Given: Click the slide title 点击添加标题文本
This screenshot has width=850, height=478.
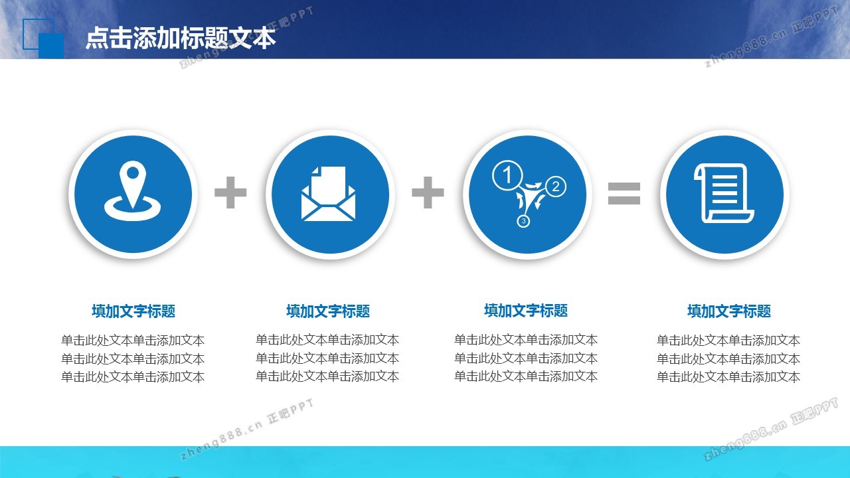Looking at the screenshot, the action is pyautogui.click(x=181, y=38).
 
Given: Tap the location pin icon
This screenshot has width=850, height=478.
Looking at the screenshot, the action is pyautogui.click(x=132, y=191).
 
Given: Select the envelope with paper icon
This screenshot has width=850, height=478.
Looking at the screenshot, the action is pyautogui.click(x=328, y=193).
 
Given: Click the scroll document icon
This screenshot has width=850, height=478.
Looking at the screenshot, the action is pyautogui.click(x=724, y=193).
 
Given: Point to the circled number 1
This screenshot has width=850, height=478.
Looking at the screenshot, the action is pyautogui.click(x=507, y=175).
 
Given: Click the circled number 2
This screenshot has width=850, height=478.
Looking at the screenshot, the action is pyautogui.click(x=556, y=187).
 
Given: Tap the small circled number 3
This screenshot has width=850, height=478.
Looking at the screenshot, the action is pyautogui.click(x=523, y=221).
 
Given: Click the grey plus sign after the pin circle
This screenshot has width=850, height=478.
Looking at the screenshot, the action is pyautogui.click(x=230, y=193).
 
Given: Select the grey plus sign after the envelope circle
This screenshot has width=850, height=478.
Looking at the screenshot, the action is pyautogui.click(x=428, y=193).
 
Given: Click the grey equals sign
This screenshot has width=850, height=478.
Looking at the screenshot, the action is pyautogui.click(x=624, y=193).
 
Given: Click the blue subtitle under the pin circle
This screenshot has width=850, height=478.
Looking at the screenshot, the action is pyautogui.click(x=133, y=311).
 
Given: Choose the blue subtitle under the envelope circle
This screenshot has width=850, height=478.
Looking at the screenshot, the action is pyautogui.click(x=328, y=311).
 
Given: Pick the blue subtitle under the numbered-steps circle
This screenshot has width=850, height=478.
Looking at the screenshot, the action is pyautogui.click(x=526, y=310).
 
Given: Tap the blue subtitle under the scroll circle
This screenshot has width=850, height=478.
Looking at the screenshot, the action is pyautogui.click(x=729, y=311).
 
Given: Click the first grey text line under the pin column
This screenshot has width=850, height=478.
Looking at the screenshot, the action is pyautogui.click(x=133, y=341).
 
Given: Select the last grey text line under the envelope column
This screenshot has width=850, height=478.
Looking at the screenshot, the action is pyautogui.click(x=327, y=376).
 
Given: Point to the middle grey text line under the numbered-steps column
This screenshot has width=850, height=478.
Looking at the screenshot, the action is pyautogui.click(x=526, y=358).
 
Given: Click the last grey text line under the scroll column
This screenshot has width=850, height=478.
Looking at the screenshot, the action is pyautogui.click(x=728, y=376).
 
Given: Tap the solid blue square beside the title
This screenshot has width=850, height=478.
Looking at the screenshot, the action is pyautogui.click(x=51, y=46).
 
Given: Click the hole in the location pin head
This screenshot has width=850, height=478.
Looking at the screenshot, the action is pyautogui.click(x=132, y=173).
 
